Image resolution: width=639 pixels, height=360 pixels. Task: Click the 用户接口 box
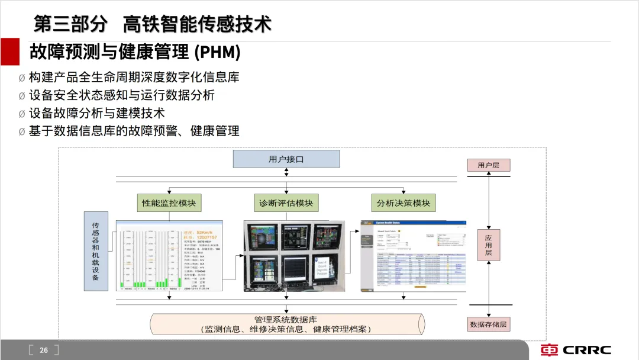[286, 159]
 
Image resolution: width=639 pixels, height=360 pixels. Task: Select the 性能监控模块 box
[169, 203]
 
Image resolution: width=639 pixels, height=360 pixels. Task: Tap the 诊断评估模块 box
[286, 203]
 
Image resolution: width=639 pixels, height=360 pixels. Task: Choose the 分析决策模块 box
[404, 203]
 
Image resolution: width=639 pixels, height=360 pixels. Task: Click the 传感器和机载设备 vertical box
[96, 251]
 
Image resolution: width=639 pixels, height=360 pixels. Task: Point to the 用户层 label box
[488, 165]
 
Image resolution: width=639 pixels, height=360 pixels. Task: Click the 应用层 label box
[488, 245]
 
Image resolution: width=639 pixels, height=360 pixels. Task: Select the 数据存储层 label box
[488, 324]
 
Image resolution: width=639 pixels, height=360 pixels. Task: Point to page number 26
[44, 350]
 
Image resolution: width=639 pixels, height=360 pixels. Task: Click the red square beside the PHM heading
[10, 52]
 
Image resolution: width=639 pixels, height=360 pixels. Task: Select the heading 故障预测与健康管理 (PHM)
[135, 52]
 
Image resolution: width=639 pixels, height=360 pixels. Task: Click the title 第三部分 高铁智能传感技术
[153, 24]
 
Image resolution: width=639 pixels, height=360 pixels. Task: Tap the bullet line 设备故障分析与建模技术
[96, 113]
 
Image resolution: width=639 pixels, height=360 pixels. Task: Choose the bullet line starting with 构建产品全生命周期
[134, 78]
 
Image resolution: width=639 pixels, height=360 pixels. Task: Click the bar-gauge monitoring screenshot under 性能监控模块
[170, 256]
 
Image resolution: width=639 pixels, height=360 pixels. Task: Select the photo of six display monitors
[293, 256]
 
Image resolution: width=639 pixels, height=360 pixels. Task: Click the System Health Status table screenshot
[413, 256]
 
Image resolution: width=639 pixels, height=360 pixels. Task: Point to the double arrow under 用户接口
[286, 172]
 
